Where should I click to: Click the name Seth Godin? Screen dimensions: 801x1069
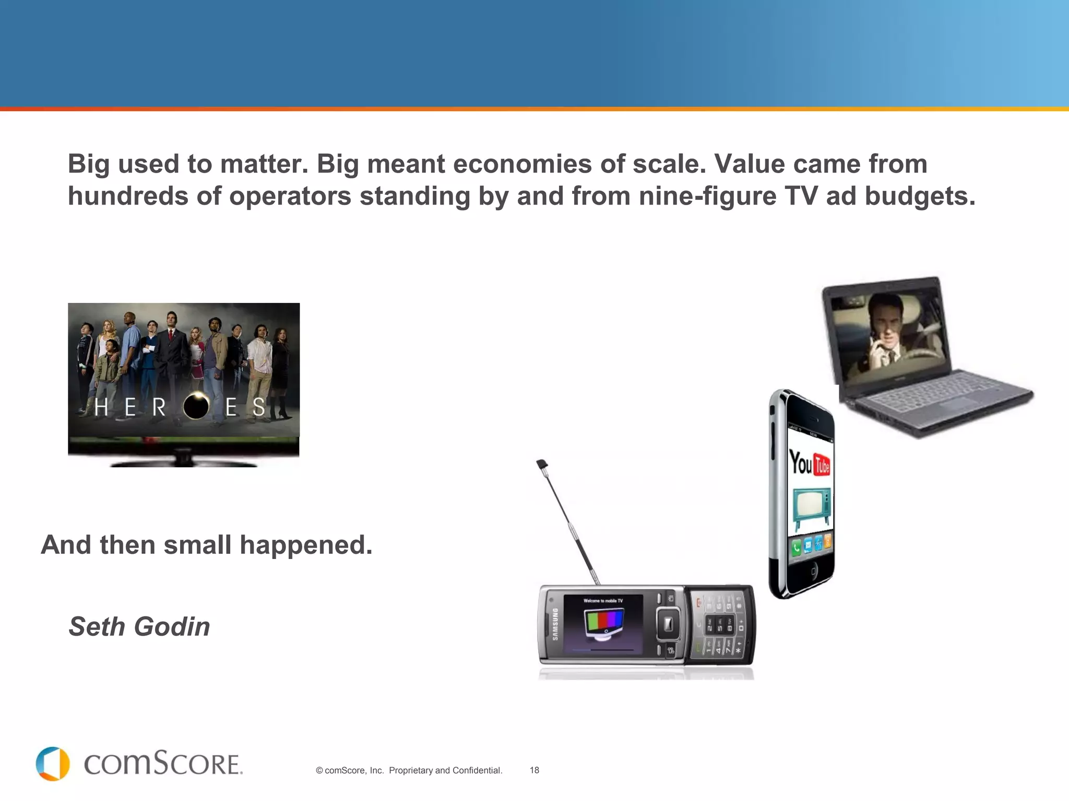(x=139, y=626)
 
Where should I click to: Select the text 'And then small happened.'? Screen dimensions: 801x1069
(x=207, y=545)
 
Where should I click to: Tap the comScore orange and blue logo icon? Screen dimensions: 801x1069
(x=53, y=764)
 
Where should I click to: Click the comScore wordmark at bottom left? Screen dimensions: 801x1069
(x=163, y=764)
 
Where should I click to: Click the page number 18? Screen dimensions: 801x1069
(x=534, y=770)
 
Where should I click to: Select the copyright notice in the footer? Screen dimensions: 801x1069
(x=409, y=770)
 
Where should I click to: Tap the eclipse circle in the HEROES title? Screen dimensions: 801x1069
(x=196, y=406)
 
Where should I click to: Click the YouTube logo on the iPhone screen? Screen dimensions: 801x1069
(x=810, y=463)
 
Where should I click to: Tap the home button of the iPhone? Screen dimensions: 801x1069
(x=813, y=572)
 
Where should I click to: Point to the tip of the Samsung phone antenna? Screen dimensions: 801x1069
(x=542, y=463)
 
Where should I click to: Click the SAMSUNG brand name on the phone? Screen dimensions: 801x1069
(x=555, y=624)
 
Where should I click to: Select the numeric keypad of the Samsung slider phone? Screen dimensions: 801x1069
(x=721, y=626)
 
